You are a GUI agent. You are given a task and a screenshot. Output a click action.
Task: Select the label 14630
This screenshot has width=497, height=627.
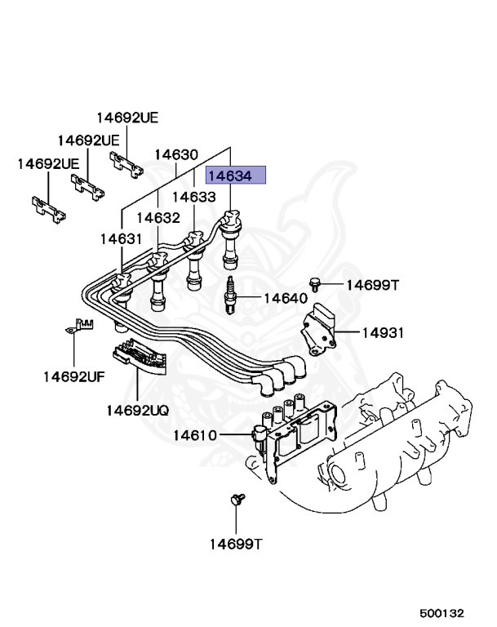(x=176, y=154)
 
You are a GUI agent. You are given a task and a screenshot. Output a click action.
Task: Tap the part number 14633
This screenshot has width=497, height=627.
(x=193, y=197)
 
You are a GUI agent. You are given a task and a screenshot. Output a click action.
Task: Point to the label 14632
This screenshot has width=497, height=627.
(x=158, y=217)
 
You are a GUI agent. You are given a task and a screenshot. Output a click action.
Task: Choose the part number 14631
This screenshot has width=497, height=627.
(x=122, y=238)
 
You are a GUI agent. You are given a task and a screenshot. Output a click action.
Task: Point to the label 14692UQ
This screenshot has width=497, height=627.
(x=136, y=410)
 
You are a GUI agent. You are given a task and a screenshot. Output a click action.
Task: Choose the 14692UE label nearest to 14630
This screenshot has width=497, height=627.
(x=127, y=117)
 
